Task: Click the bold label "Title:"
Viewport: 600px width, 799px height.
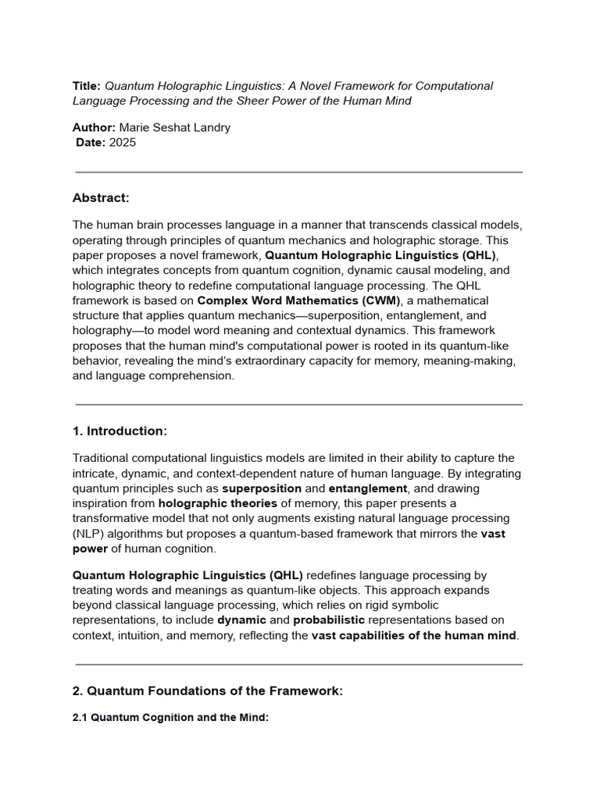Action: pyautogui.click(x=87, y=86)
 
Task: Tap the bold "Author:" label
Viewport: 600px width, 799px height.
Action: pyautogui.click(x=94, y=127)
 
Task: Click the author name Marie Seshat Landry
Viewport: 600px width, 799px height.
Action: pyautogui.click(x=174, y=127)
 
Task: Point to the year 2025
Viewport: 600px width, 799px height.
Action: pyautogui.click(x=123, y=142)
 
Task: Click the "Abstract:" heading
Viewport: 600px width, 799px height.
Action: pyautogui.click(x=101, y=197)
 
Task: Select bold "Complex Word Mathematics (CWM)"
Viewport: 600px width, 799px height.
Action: pyautogui.click(x=299, y=300)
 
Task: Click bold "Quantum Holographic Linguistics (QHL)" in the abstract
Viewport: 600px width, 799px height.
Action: pyautogui.click(x=380, y=255)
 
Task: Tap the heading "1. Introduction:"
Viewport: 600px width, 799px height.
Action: pyautogui.click(x=120, y=431)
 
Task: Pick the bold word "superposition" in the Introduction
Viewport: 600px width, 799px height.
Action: pyautogui.click(x=262, y=488)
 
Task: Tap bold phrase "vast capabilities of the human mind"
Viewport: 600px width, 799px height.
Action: pyautogui.click(x=414, y=635)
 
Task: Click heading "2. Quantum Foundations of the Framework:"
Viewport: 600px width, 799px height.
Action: pyautogui.click(x=207, y=691)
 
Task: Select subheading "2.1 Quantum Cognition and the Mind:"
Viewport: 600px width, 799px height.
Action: pyautogui.click(x=170, y=717)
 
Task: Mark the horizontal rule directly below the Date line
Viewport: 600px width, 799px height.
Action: pyautogui.click(x=299, y=172)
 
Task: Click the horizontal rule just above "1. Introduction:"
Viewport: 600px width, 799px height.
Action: pyautogui.click(x=299, y=405)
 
